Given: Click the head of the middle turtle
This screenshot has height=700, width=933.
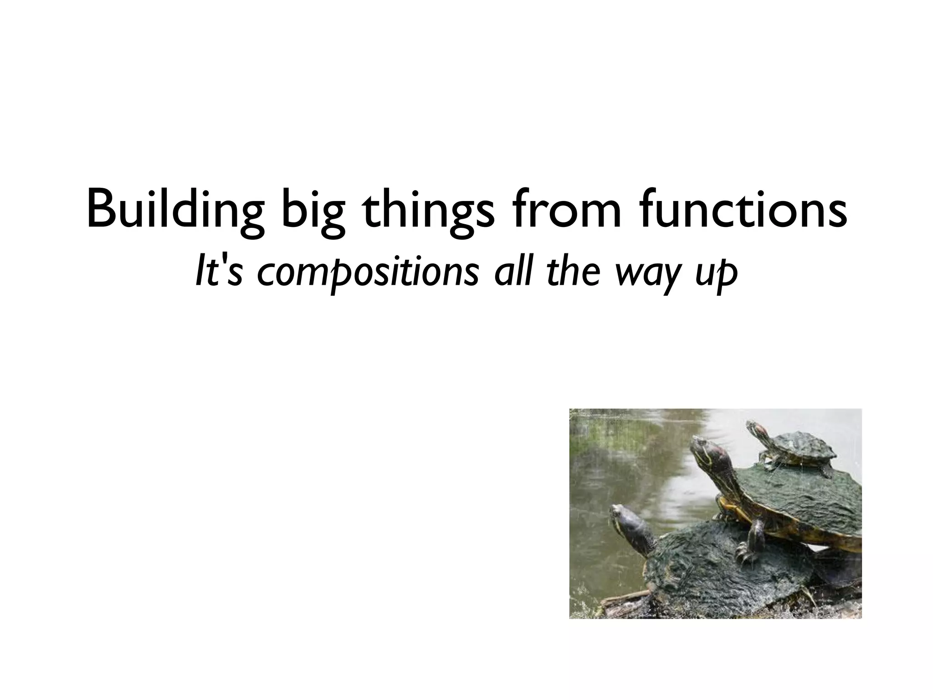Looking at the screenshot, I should coord(706,449).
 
